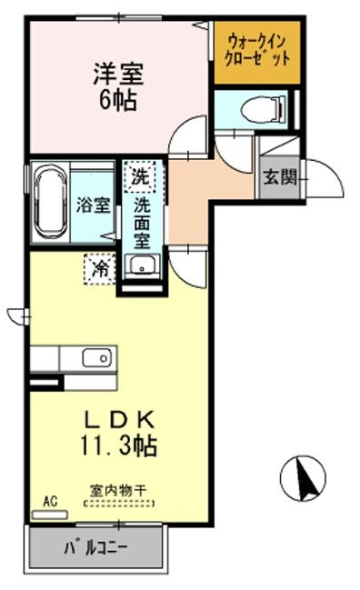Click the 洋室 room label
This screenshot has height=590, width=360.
[x=118, y=71]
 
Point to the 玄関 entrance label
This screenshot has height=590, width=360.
[x=279, y=177]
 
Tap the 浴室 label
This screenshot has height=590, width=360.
[x=93, y=204]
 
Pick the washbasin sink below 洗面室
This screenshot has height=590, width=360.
[x=142, y=266]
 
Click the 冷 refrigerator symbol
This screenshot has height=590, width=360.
[x=100, y=268]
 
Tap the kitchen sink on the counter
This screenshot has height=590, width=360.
[x=95, y=357]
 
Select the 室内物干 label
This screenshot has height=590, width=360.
[x=118, y=490]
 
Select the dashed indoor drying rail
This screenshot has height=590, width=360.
[x=118, y=502]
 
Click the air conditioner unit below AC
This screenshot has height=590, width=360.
[x=49, y=514]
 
